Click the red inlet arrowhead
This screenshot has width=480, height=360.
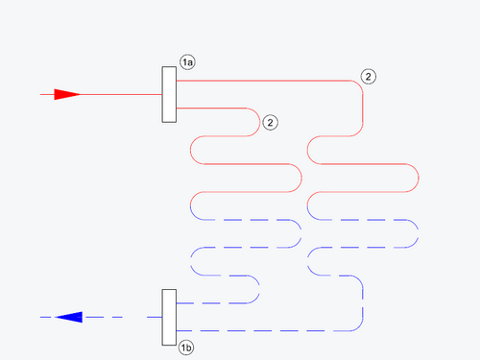coord(66,95)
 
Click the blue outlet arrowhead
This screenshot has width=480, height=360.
coord(68,317)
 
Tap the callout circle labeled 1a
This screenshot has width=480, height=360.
coord(188,62)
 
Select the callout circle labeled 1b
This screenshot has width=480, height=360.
coord(188,347)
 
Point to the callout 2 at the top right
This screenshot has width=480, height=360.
coord(369,76)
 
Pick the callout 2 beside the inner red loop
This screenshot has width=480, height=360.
coord(271,123)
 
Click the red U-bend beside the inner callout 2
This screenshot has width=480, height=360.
coord(260,122)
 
